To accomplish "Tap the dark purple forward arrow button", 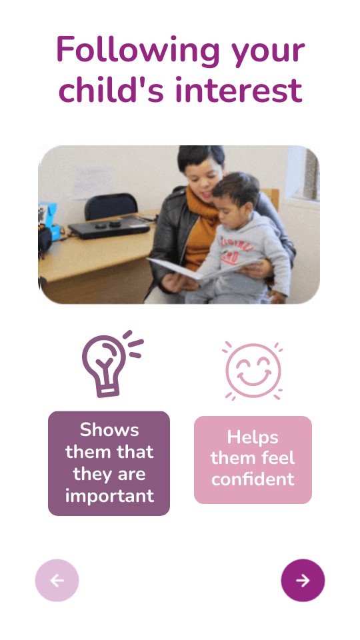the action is [x=303, y=580].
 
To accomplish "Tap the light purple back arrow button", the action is [x=57, y=580].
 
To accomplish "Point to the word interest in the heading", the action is [x=239, y=89].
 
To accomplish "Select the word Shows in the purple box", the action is [x=109, y=430].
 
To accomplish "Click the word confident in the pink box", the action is [x=253, y=479].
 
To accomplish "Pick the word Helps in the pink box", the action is [x=253, y=437].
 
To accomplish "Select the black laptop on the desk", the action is [x=109, y=229].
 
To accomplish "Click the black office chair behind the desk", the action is [x=111, y=207].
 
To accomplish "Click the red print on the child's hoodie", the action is [x=235, y=251].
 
